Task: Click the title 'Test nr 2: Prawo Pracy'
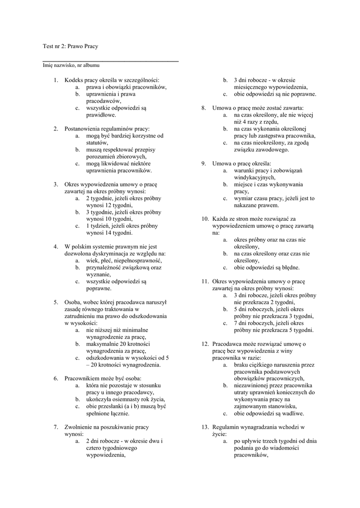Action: (x=71, y=46)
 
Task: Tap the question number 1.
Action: (x=56, y=80)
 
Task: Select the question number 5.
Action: (x=56, y=302)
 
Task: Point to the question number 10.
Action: (x=205, y=219)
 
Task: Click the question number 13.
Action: (x=205, y=427)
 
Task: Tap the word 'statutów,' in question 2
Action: (x=97, y=143)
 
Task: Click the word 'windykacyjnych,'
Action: (x=254, y=177)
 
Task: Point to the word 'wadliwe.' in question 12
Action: (x=293, y=413)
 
